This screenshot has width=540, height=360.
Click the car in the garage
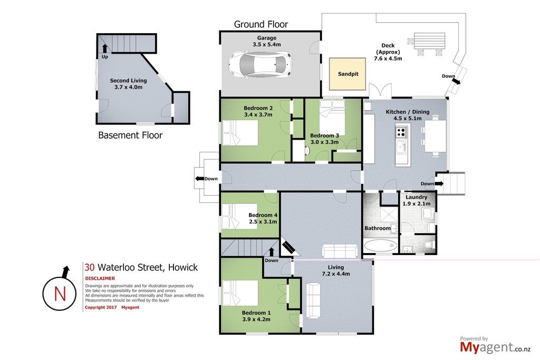coord(260,64)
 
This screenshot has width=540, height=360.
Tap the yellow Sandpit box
coord(348,74)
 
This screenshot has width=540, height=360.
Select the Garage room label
coord(266,38)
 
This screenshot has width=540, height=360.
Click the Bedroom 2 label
coord(258,108)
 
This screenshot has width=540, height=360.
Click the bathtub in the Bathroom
coord(381,247)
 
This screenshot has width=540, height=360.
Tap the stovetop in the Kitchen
coord(401,132)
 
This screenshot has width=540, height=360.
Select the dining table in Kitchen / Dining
coord(435,135)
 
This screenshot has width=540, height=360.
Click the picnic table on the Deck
coord(429,41)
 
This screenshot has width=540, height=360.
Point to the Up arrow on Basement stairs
coord(105,48)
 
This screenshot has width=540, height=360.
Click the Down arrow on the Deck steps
coord(456,81)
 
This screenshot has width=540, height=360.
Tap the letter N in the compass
coord(60,294)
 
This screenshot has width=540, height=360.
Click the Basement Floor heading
coord(130,135)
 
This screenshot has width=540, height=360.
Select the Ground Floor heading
coord(261,24)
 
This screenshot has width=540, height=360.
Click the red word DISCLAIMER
coord(100,278)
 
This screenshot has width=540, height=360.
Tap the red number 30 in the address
coord(90,267)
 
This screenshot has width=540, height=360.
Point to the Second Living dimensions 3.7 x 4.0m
coord(129,87)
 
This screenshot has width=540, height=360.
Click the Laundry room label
coord(417,197)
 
